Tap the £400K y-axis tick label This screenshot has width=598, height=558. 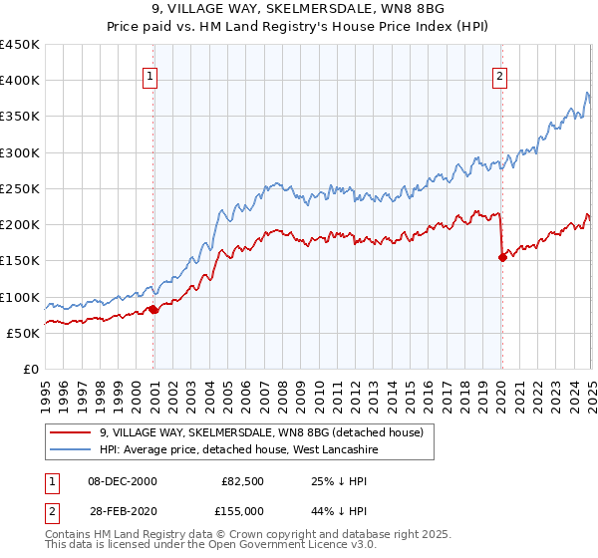tap(20, 81)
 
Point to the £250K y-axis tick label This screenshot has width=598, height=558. tap(20, 188)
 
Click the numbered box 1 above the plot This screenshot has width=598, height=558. tap(149, 75)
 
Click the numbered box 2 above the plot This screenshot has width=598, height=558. tap(498, 75)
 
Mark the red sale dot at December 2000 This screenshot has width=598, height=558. tap(153, 310)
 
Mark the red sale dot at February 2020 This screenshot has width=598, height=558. tap(502, 257)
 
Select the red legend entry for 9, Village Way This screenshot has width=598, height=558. tap(261, 432)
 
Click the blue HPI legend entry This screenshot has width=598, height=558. tap(238, 450)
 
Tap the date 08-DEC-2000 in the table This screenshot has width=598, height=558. tap(123, 481)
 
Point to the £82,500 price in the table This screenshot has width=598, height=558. tap(242, 481)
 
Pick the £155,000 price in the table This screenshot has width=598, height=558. tap(240, 511)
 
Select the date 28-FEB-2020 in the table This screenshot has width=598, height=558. tap(123, 511)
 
